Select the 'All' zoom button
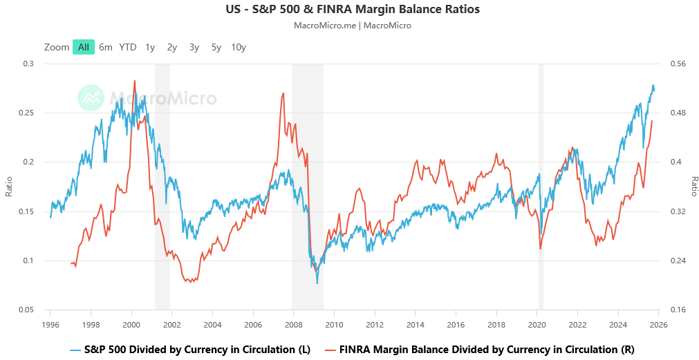83,47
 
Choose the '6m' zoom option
106,47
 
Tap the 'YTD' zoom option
128,47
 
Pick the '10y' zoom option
239,47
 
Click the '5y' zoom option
216,47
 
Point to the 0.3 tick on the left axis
28,64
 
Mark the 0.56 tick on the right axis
677,64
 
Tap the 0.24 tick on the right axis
677,260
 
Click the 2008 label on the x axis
293,323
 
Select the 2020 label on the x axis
537,323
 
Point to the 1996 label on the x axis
50,323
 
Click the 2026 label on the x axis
658,323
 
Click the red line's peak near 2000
134,81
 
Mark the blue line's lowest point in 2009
317,283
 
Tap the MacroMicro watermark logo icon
90,98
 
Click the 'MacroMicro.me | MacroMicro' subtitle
353,26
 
